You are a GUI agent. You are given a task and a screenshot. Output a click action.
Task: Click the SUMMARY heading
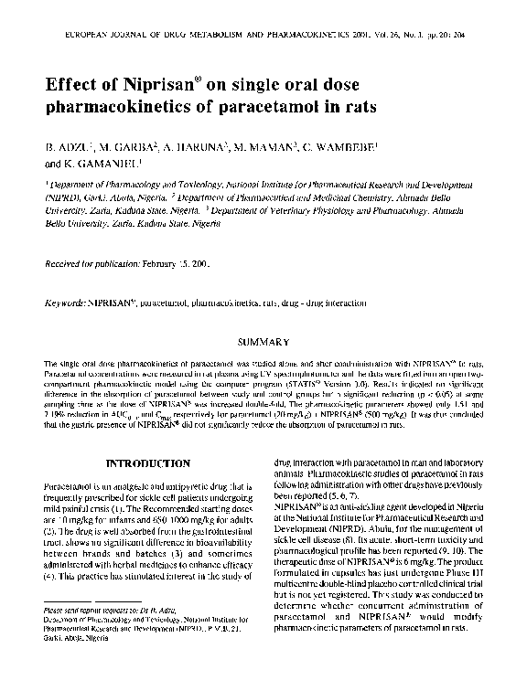(x=263, y=342)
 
